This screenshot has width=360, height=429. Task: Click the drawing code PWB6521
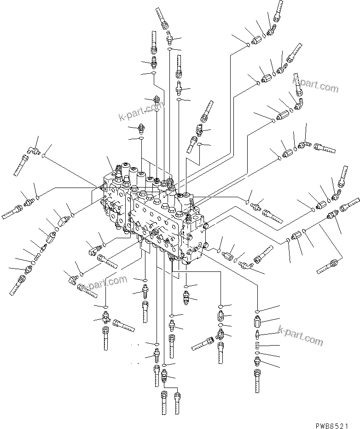338,421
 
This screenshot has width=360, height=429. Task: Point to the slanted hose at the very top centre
163,18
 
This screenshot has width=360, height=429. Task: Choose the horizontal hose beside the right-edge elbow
325,148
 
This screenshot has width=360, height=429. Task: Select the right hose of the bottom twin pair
177,402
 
